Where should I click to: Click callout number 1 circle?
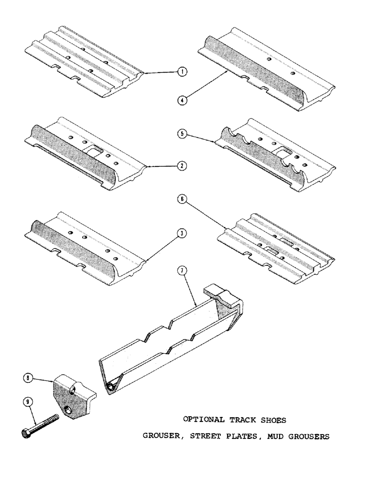(x=181, y=72)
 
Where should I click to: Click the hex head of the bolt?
(x=26, y=434)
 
